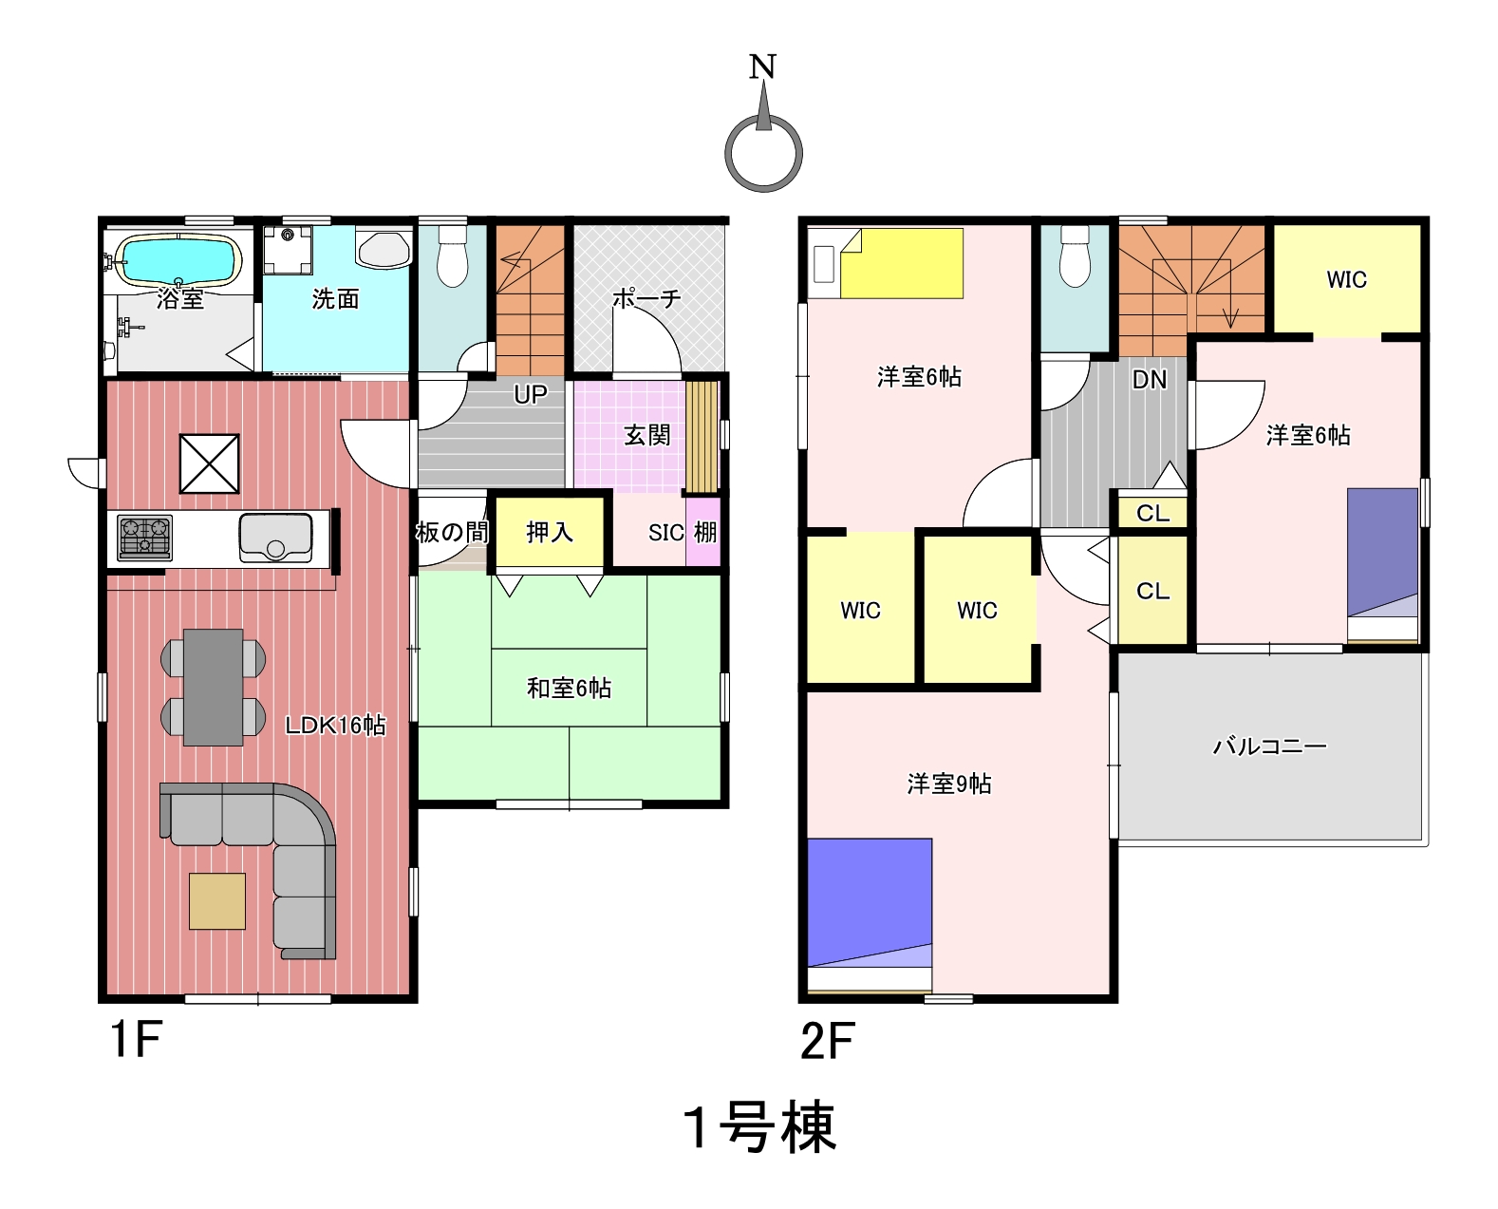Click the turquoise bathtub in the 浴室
178,260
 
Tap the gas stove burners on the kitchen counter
145,538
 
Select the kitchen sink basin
275,538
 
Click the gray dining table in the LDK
213,688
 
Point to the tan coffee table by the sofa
217,901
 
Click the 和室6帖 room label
569,688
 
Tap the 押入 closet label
550,532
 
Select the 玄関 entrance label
646,435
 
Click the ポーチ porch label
646,299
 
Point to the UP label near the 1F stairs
531,394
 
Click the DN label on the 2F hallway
1150,380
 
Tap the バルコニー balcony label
1269,746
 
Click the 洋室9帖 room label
948,784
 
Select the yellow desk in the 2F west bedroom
902,263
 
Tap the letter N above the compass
762,66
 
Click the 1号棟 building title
758,1127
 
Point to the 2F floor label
828,1041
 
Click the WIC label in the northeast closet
1346,280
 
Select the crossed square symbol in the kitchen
210,463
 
